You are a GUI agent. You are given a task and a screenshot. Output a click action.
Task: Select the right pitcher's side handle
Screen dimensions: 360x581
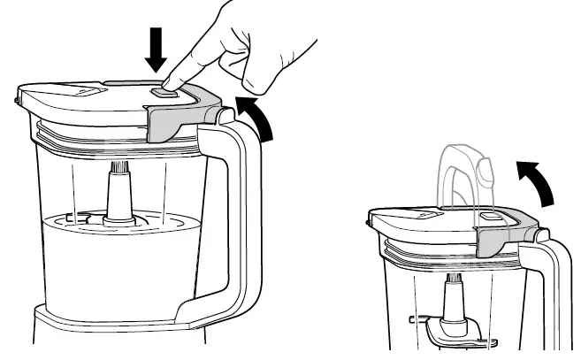tap(553, 292)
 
